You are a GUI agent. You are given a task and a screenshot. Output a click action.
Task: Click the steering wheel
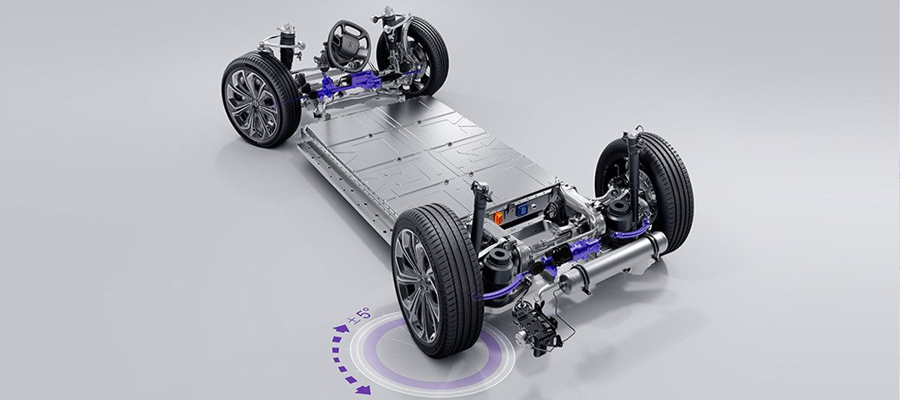click(348, 46)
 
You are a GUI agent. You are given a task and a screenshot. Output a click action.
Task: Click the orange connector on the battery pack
click(497, 217)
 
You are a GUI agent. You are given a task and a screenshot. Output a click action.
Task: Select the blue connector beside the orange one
click(522, 210)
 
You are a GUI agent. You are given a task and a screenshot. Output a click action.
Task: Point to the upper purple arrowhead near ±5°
click(340, 329)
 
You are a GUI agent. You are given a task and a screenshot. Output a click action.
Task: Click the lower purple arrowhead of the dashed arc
click(362, 390)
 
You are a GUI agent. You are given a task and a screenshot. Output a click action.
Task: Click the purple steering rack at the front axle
click(347, 84)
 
